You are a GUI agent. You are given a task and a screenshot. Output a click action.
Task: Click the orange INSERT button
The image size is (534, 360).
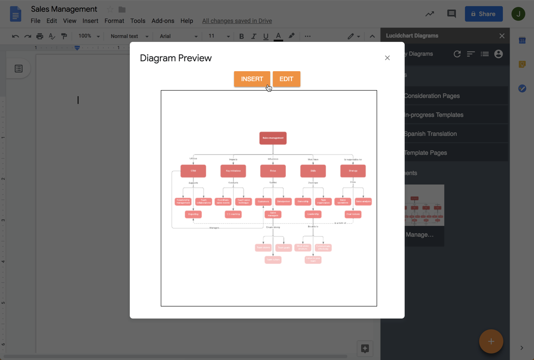point(252,79)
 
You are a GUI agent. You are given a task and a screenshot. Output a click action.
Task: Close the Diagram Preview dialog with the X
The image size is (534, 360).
point(387,58)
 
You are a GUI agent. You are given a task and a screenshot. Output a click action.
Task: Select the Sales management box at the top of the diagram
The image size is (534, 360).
point(273,138)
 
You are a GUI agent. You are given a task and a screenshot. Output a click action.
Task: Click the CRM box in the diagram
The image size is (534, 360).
point(193,171)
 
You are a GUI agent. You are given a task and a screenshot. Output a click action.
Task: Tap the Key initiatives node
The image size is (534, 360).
point(233,171)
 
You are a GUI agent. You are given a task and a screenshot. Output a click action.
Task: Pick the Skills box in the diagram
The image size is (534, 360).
point(313,171)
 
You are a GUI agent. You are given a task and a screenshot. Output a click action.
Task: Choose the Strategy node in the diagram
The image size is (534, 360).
point(353,171)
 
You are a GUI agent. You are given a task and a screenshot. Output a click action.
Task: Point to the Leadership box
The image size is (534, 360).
point(313,214)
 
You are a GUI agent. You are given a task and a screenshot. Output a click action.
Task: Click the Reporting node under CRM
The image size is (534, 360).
point(193,214)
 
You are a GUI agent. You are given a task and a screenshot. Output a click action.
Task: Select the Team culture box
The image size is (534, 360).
point(273,260)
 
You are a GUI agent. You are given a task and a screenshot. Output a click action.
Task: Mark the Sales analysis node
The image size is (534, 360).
point(363,201)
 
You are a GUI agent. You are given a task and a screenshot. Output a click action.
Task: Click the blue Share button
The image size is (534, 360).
point(484,14)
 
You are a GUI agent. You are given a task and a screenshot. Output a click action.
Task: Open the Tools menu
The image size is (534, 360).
point(138,21)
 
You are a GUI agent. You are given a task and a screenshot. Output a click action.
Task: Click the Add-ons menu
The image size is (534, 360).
point(163,21)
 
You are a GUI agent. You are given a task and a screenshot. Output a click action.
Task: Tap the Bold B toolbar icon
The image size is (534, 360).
point(241,36)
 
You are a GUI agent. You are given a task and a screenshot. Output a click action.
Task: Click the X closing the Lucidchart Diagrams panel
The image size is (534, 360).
point(502,36)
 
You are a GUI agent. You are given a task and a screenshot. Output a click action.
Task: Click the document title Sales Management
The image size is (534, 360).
point(64,9)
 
